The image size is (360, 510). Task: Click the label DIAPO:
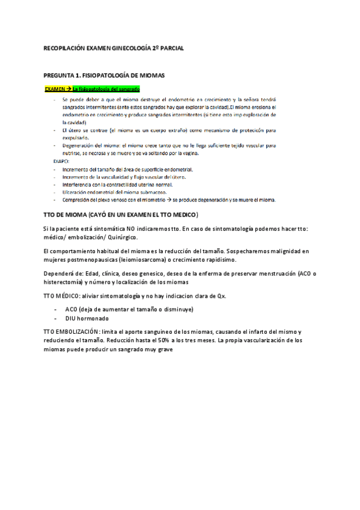(61, 161)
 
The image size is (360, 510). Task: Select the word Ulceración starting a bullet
(77, 192)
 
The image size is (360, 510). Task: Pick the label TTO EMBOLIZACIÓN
(75, 332)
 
